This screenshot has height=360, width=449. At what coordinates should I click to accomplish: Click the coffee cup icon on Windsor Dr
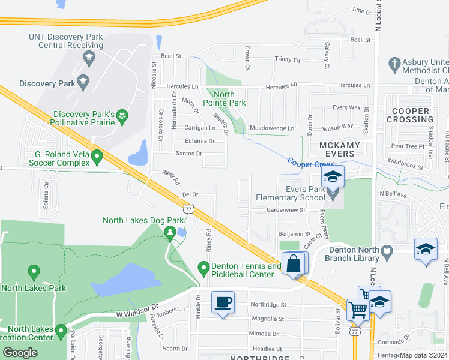pos(223,302)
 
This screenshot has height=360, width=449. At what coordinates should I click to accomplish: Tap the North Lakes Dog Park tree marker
pos(170,232)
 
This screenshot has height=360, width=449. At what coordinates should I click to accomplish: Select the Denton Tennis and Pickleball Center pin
pos(203,266)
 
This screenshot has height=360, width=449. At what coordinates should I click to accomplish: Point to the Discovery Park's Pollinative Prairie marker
pos(122,115)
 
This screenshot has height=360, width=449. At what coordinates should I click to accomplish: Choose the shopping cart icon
pos(358,310)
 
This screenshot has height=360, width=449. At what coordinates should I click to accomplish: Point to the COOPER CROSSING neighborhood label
pos(411,115)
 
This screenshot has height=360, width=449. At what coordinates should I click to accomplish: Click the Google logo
pos(20,353)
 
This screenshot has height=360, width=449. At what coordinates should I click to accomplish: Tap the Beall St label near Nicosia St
pos(170,56)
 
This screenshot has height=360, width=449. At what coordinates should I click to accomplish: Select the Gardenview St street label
pos(286,211)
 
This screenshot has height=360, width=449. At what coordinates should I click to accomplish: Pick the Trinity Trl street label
pos(287,60)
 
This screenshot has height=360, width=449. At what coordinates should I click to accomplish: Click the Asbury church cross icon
pos(394,62)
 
